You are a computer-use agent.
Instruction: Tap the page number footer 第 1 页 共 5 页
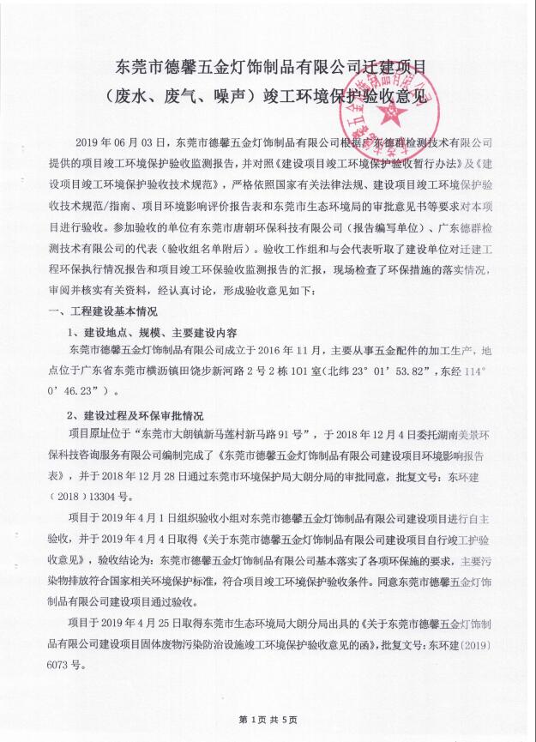pos(268,717)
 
